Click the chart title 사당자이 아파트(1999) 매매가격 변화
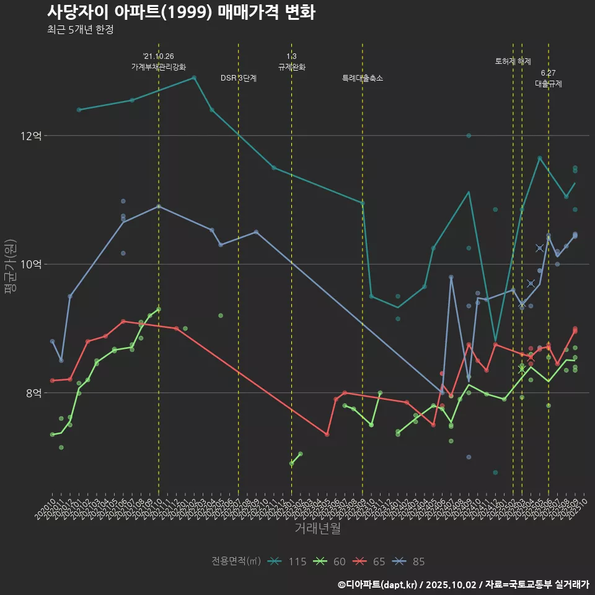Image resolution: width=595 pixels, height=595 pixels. pyautogui.click(x=181, y=12)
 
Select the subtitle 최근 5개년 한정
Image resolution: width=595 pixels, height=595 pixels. pyautogui.click(x=80, y=30)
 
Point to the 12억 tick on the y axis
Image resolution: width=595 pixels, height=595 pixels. pyautogui.click(x=31, y=135)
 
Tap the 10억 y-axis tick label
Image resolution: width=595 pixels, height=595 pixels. pyautogui.click(x=31, y=264)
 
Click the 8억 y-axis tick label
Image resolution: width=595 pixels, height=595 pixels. pyautogui.click(x=33, y=393)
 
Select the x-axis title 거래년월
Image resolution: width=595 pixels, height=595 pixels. pyautogui.click(x=317, y=529)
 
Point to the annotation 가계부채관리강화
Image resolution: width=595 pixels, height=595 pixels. pyautogui.click(x=159, y=67)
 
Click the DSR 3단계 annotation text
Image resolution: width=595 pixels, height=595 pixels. pyautogui.click(x=239, y=79)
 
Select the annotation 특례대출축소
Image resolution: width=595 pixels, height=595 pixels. pyautogui.click(x=363, y=79)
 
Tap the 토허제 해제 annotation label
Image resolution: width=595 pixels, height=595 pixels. pyautogui.click(x=513, y=61)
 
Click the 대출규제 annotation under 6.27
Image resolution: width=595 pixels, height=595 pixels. pyautogui.click(x=549, y=84)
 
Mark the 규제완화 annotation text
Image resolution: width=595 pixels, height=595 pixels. pyautogui.click(x=291, y=67)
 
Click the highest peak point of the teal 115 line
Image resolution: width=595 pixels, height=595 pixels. pyautogui.click(x=194, y=77)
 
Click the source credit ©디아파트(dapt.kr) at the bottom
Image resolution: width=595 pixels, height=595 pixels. pyautogui.click(x=378, y=584)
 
